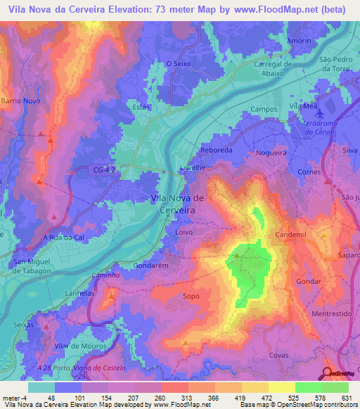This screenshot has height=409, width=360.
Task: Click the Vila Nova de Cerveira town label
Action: (x=178, y=203)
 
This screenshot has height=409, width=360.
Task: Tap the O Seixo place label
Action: (x=179, y=64)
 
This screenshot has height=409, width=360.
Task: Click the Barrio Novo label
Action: (x=20, y=100)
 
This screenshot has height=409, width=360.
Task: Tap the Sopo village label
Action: (x=190, y=297)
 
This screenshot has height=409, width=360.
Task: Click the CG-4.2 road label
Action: (x=103, y=169)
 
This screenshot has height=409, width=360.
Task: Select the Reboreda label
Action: (x=216, y=151)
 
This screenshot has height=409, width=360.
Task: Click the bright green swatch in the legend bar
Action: (x=309, y=387)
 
